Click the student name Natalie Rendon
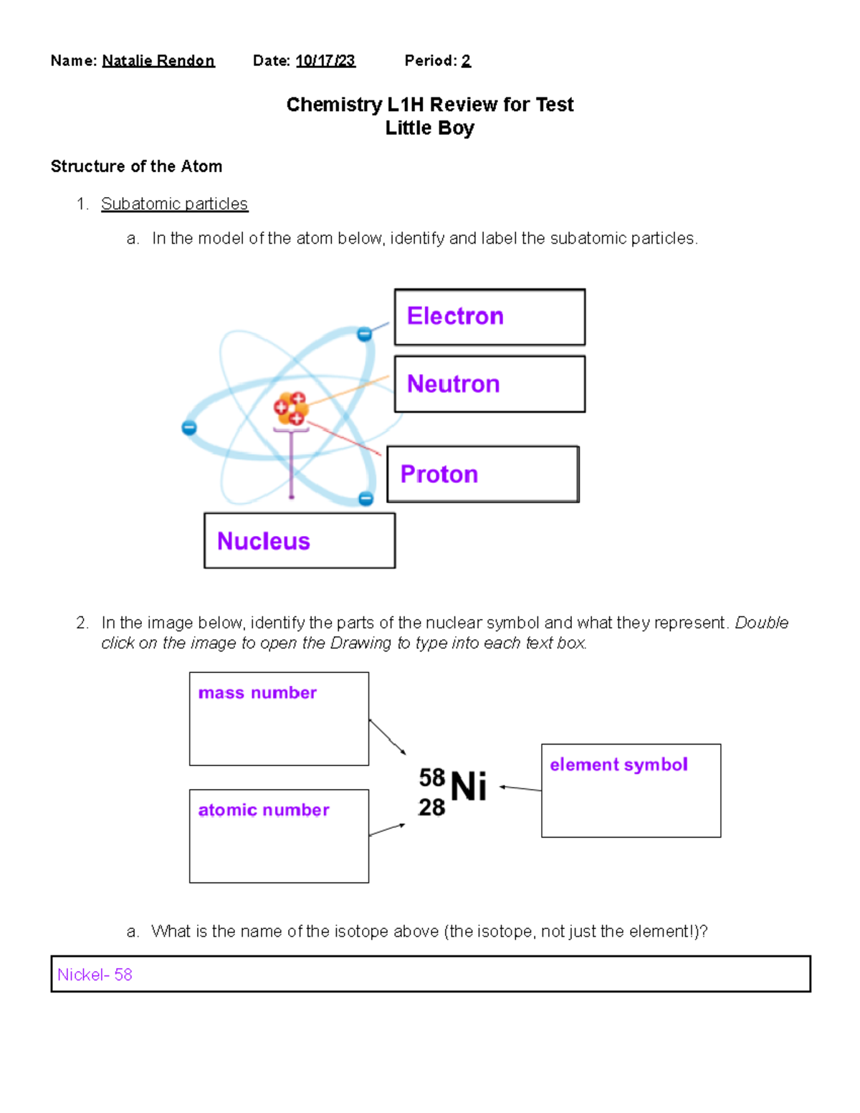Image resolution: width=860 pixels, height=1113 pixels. [158, 61]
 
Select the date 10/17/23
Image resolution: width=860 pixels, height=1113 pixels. [325, 61]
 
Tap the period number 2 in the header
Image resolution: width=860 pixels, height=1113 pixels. [466, 61]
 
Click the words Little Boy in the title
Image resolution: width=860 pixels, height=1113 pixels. [429, 128]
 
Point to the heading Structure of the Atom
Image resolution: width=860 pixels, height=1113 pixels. [136, 166]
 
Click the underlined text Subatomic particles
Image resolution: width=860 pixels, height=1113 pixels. [174, 204]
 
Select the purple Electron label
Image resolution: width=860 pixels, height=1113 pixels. [455, 316]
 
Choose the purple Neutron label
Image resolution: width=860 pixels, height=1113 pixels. [453, 384]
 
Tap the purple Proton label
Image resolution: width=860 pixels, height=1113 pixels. [439, 474]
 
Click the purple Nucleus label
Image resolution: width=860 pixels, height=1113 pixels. [263, 541]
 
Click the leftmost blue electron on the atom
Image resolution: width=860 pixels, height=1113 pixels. [189, 428]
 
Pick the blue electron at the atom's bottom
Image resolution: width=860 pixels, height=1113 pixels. [365, 499]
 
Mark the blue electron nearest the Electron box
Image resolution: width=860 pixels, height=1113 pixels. [364, 334]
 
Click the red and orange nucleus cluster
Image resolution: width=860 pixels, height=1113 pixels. [291, 409]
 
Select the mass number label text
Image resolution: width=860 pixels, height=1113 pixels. [257, 693]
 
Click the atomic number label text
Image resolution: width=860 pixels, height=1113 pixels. [264, 810]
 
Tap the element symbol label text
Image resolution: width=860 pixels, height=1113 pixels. [618, 765]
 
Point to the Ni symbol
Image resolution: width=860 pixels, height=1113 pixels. [469, 787]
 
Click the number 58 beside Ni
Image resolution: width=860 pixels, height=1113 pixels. [432, 778]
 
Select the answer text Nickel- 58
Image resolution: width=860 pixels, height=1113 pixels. [95, 975]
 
